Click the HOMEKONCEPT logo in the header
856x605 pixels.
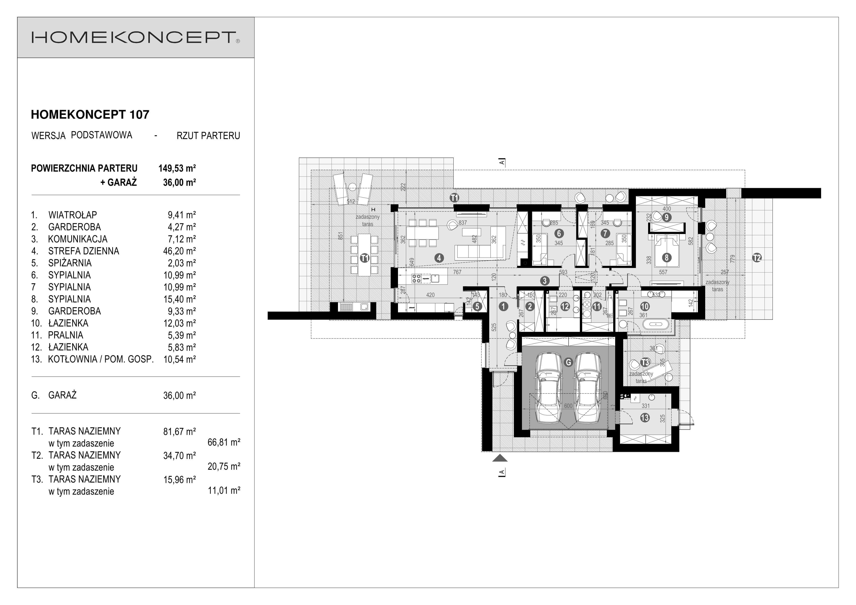click(135, 37)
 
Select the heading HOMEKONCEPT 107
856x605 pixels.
click(90, 114)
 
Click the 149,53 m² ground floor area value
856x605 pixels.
click(177, 168)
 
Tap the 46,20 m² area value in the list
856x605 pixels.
click(179, 251)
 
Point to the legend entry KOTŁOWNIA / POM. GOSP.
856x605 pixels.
click(101, 359)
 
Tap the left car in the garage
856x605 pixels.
click(549, 388)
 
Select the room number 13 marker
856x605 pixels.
click(645, 418)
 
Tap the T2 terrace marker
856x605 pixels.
click(756, 257)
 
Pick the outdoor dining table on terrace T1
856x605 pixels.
click(364, 255)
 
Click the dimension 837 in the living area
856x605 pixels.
click(463, 223)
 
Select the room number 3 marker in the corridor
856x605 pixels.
click(545, 281)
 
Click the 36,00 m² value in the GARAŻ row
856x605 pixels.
click(179, 395)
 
